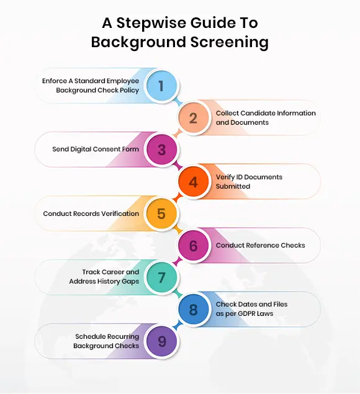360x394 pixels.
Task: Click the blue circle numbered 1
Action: point(161,86)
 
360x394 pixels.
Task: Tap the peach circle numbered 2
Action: point(193,118)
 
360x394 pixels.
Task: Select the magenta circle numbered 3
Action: point(161,150)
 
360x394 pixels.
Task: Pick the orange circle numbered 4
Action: point(193,182)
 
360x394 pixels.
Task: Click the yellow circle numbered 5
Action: point(161,213)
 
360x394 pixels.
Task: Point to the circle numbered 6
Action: point(193,246)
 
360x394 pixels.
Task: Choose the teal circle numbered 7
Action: point(161,277)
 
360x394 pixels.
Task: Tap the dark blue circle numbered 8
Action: point(193,310)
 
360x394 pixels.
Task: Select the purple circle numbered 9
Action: point(161,341)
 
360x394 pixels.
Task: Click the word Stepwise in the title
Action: point(151,24)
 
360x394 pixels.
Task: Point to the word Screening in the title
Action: point(230,42)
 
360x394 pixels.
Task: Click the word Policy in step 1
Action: point(129,90)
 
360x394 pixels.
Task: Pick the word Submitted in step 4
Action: point(233,186)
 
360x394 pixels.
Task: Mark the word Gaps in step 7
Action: point(130,282)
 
